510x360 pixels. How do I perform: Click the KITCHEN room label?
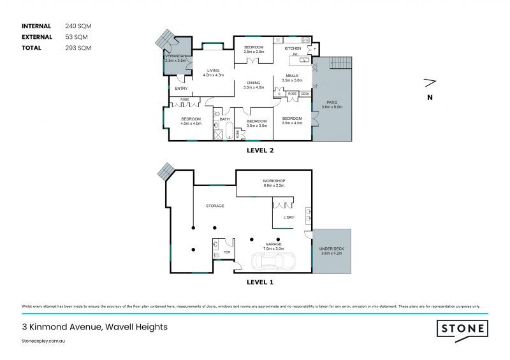[293, 48]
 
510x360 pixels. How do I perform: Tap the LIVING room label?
[213, 71]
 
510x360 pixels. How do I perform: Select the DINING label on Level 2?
[254, 83]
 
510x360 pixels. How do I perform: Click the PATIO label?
[331, 102]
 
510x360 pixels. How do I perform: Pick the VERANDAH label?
[175, 56]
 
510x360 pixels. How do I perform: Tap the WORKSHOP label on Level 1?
[273, 181]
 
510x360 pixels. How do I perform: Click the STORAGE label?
[214, 206]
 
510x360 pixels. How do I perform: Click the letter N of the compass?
[430, 97]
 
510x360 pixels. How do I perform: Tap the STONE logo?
[462, 329]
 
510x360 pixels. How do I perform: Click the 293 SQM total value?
[78, 48]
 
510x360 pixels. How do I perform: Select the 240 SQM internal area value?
[78, 26]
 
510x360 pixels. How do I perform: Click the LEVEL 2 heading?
[260, 152]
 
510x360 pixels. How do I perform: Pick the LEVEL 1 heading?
[260, 280]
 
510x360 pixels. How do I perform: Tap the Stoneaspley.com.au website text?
[44, 342]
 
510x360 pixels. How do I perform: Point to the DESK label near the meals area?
[305, 94]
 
